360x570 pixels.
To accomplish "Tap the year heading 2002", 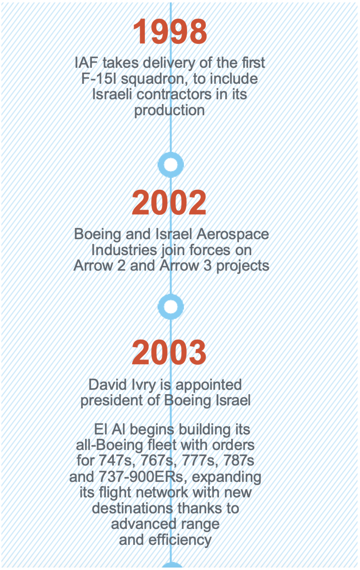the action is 169,203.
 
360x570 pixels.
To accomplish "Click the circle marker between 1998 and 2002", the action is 171,165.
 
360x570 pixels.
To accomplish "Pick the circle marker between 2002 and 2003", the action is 171,307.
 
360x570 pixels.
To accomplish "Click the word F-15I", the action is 99,78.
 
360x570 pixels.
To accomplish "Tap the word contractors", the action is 174,95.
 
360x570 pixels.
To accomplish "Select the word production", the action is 170,111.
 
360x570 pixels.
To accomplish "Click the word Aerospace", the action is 233,234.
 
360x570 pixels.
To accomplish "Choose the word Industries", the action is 124,250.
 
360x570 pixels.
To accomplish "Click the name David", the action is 108,384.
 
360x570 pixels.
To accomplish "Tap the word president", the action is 112,400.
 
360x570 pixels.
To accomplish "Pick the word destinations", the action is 132,508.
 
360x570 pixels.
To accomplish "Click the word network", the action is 162,493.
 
